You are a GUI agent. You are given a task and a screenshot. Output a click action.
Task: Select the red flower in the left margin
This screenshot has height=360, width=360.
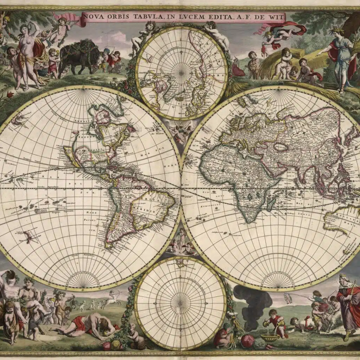click(x=10, y=95)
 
